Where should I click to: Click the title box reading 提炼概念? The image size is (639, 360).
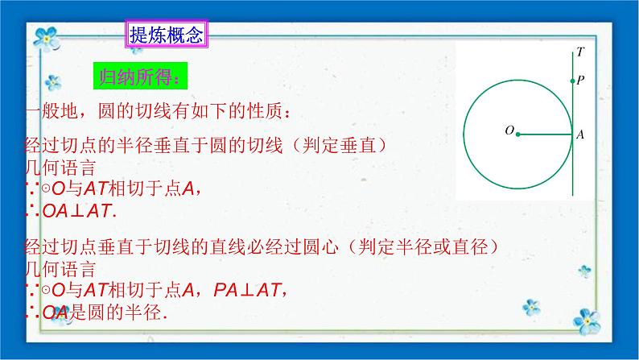coord(166,35)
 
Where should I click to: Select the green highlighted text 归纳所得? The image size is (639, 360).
coord(140,77)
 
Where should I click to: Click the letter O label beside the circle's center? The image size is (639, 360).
coord(509,130)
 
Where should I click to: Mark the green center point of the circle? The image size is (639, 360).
coord(517,134)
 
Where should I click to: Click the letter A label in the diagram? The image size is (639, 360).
coord(580,135)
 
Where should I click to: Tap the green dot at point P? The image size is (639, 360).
coord(572,81)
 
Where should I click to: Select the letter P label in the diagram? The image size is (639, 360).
coord(581,81)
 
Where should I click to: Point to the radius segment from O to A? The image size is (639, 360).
coord(545,134)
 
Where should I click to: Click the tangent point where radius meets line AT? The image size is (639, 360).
coord(572,134)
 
